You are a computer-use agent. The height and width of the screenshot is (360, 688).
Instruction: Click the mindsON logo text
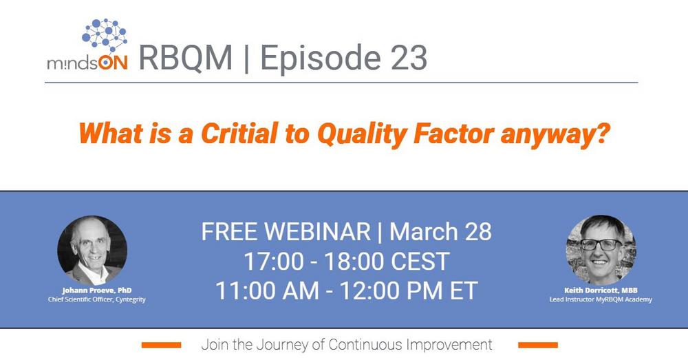87,63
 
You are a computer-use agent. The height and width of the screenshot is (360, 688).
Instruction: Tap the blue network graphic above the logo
105,35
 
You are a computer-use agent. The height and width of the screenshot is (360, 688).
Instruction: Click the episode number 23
408,58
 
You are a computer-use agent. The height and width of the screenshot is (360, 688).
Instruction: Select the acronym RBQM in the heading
185,58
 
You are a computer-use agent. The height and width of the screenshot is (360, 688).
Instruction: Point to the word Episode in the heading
321,59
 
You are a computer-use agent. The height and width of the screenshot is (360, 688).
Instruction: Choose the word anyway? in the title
555,135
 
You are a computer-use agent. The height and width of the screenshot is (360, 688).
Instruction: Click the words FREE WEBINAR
286,232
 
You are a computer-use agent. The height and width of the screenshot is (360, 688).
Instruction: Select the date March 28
440,232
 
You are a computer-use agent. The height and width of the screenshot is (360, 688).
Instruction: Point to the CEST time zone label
420,262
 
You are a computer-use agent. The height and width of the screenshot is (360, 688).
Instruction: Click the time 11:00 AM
267,290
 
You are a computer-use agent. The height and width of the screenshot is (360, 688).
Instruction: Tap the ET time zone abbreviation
463,290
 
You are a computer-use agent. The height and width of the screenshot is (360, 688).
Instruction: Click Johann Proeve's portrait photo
93,251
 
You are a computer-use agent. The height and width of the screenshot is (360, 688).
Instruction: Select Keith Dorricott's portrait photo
601,251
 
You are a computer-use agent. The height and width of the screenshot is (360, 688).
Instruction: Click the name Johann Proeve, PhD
97,290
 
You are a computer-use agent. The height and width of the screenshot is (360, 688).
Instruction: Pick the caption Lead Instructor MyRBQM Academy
601,299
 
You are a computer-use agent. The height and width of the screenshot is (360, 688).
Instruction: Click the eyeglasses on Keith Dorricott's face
601,244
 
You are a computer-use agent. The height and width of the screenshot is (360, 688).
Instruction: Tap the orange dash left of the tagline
161,345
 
